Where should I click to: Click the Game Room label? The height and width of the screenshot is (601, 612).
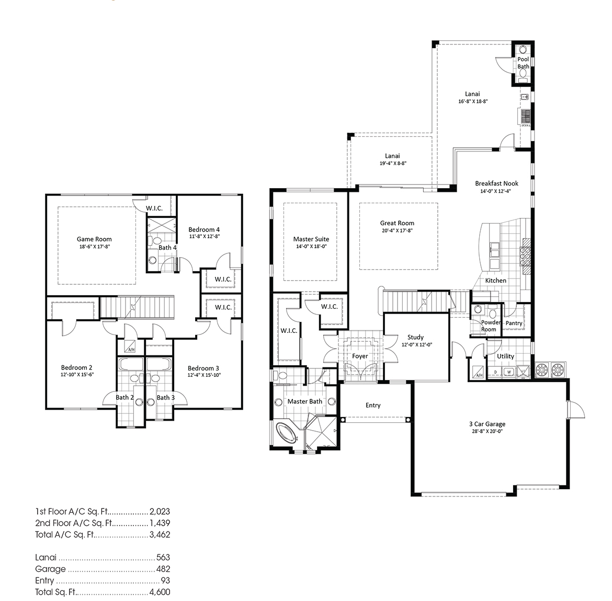(94, 239)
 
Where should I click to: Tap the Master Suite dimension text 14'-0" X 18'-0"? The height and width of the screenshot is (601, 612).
(311, 246)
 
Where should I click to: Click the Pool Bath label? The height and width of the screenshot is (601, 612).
(523, 63)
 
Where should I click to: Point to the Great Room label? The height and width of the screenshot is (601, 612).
(397, 223)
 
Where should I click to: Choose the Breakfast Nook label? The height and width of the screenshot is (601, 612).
(496, 183)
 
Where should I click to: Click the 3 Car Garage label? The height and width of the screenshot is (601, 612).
(487, 424)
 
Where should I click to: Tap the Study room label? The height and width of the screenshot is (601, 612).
(415, 337)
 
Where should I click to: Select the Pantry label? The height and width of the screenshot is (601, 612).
(514, 323)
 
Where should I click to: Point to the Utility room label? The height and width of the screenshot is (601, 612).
(505, 356)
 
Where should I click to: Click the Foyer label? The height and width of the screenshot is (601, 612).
(360, 356)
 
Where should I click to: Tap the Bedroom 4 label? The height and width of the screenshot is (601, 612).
(204, 229)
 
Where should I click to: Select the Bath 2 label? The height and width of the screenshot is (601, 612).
(124, 397)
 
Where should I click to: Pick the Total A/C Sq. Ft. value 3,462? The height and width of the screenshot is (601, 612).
(160, 535)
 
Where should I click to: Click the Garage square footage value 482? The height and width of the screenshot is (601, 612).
(163, 569)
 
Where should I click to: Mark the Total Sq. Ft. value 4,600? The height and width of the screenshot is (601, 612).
(160, 592)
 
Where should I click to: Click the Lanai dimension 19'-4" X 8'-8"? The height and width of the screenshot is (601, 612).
(392, 163)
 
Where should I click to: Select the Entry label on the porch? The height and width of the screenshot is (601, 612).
(373, 405)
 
